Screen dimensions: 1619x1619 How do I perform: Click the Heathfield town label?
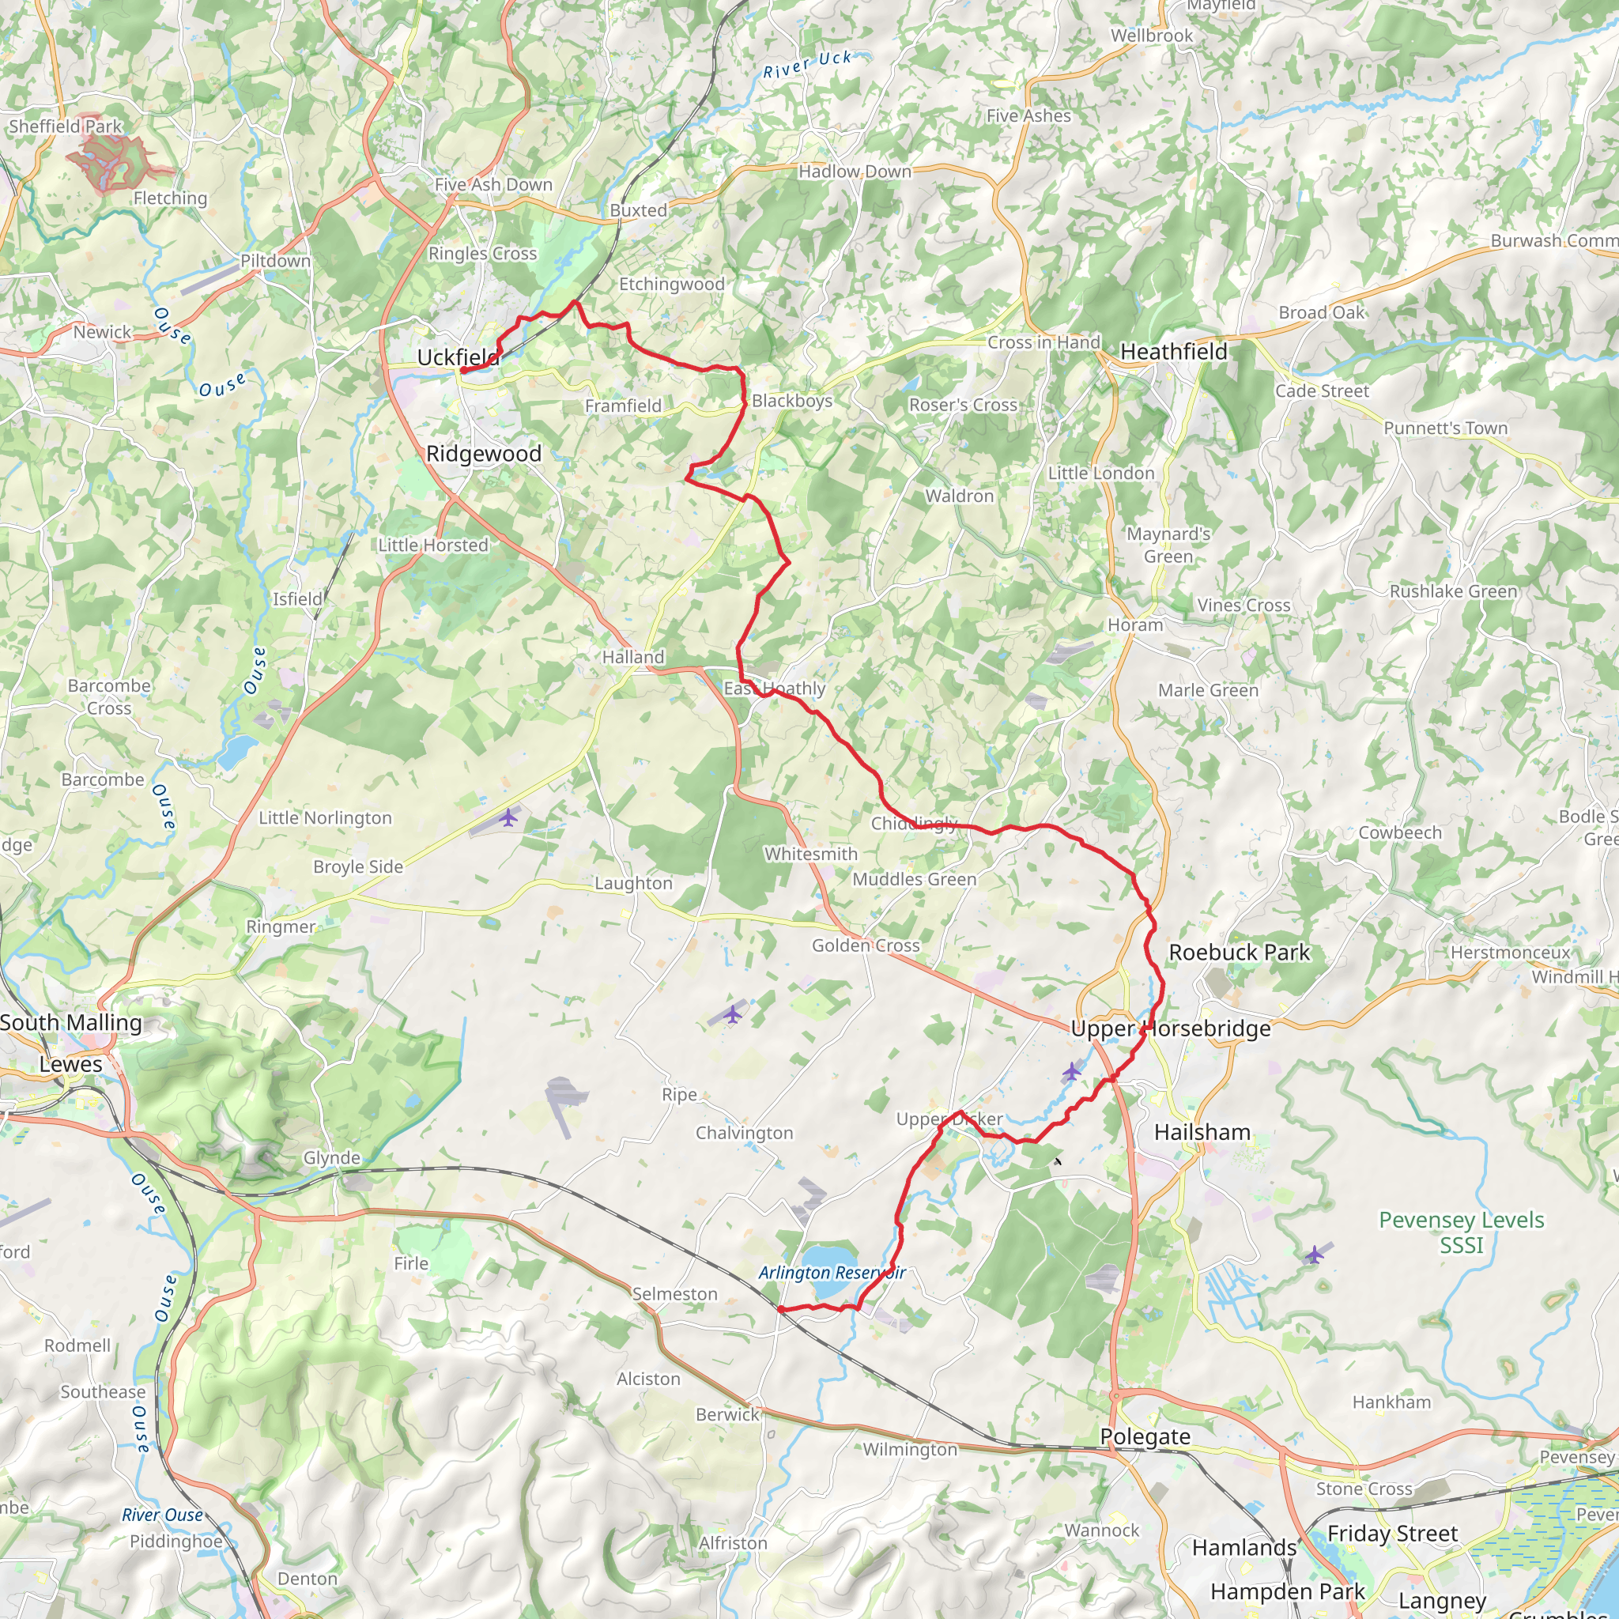click(1173, 352)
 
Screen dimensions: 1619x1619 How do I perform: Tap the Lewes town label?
click(70, 1064)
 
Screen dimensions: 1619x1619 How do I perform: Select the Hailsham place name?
click(1202, 1132)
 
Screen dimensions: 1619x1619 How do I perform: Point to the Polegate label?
click(1145, 1436)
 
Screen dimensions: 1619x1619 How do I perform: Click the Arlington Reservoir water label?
click(832, 1272)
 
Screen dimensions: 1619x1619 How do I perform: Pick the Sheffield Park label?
click(66, 126)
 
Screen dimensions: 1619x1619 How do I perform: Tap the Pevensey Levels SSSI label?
click(1462, 1232)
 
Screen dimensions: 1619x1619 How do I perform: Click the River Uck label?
click(807, 65)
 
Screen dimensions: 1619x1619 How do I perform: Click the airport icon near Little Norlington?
click(508, 817)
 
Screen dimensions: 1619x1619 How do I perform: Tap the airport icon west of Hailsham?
click(1072, 1071)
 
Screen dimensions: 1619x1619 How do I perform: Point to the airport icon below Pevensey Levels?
click(1315, 1255)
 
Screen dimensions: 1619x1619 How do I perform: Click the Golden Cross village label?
click(866, 945)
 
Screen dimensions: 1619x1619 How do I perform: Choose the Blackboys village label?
click(792, 401)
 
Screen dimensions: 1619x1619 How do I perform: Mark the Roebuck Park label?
click(1239, 952)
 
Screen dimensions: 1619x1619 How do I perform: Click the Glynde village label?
click(331, 1157)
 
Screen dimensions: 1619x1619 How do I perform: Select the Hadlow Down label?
click(854, 172)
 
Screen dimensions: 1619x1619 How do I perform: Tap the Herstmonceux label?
click(1510, 952)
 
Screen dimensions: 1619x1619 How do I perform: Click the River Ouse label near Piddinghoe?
click(163, 1515)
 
